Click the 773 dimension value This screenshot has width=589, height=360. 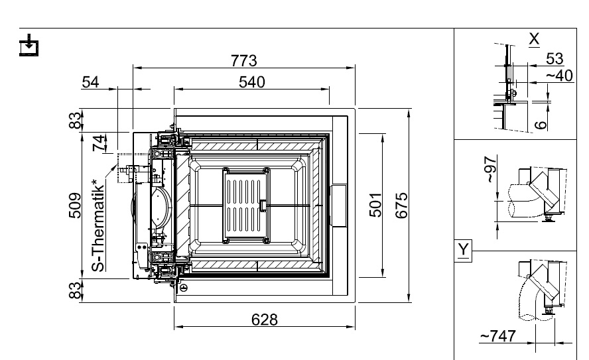point(244,60)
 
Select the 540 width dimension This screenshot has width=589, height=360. point(251,82)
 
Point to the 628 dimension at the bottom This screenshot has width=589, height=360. point(264,320)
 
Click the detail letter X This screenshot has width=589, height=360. point(534,38)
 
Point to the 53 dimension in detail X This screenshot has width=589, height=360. point(554,58)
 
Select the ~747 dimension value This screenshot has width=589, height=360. point(497,336)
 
